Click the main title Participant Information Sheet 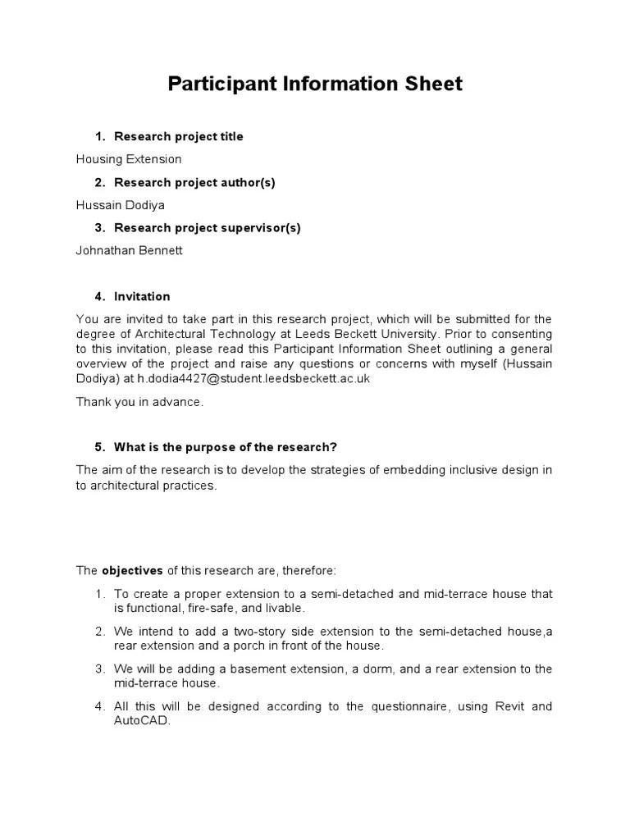click(x=315, y=84)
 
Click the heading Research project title click(x=178, y=136)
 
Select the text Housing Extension click(x=129, y=159)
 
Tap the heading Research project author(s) click(x=194, y=182)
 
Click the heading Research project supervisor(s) click(x=207, y=228)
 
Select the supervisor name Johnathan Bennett click(x=129, y=251)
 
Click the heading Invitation click(x=142, y=296)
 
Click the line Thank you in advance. click(x=139, y=402)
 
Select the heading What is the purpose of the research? click(x=226, y=447)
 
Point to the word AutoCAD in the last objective click(x=141, y=721)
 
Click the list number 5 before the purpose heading click(x=98, y=447)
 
